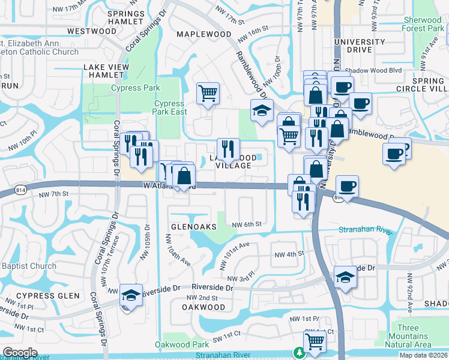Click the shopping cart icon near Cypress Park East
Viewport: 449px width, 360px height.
(x=208, y=93)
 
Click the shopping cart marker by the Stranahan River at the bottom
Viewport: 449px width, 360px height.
(x=315, y=342)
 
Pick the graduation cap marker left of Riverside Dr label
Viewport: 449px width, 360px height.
(x=131, y=295)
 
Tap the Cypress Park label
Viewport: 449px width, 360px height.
(x=136, y=88)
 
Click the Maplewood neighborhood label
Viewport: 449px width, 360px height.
(x=204, y=34)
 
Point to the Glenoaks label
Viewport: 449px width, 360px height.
(x=193, y=227)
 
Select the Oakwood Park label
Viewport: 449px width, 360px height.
(x=182, y=344)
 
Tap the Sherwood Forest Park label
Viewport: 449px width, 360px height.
(x=423, y=24)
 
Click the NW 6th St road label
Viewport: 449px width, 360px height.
(x=248, y=224)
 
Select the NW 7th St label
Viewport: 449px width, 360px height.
(x=55, y=194)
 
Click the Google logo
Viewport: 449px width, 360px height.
(x=20, y=353)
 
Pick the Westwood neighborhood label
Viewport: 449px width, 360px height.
(x=92, y=31)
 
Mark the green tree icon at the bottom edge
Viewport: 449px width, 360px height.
(x=298, y=353)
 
